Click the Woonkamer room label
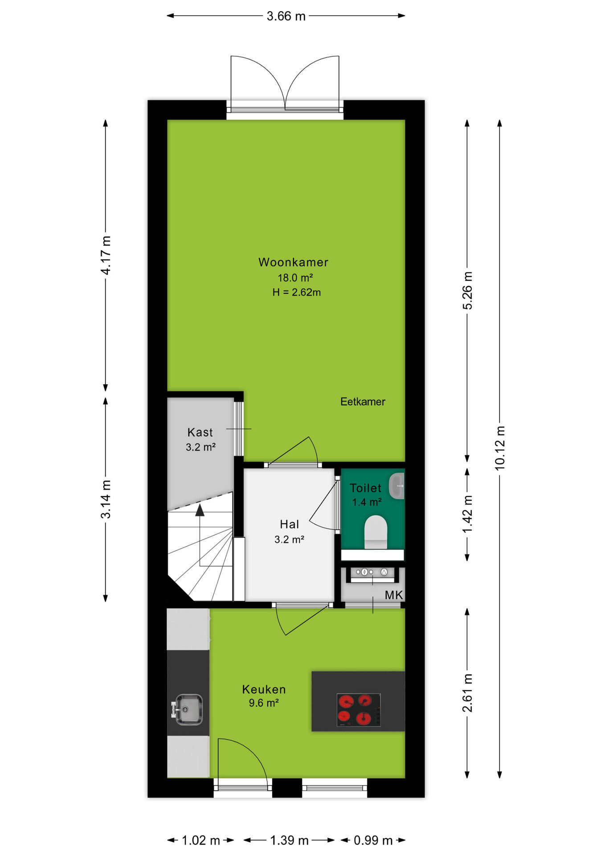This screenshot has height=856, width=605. [293, 262]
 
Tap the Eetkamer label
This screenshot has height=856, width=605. [363, 402]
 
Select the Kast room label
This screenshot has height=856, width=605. [200, 432]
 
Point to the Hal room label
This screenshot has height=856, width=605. [289, 524]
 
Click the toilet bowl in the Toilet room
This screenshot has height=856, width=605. [376, 532]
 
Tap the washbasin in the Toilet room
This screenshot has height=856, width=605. [397, 486]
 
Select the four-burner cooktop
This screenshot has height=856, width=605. [359, 710]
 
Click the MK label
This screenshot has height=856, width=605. [394, 595]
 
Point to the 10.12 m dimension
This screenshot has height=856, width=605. [500, 448]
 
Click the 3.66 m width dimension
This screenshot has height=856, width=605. [286, 16]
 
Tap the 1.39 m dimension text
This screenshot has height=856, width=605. [289, 840]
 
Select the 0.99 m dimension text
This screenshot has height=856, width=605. [373, 840]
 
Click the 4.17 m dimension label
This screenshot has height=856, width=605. [106, 255]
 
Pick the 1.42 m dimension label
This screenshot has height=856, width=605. [467, 514]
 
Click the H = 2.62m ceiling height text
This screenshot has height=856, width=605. [297, 292]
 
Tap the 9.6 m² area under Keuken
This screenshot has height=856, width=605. [264, 703]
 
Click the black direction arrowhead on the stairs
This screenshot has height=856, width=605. [200, 510]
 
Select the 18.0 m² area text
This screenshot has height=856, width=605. [295, 278]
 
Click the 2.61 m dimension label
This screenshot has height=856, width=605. [467, 693]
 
